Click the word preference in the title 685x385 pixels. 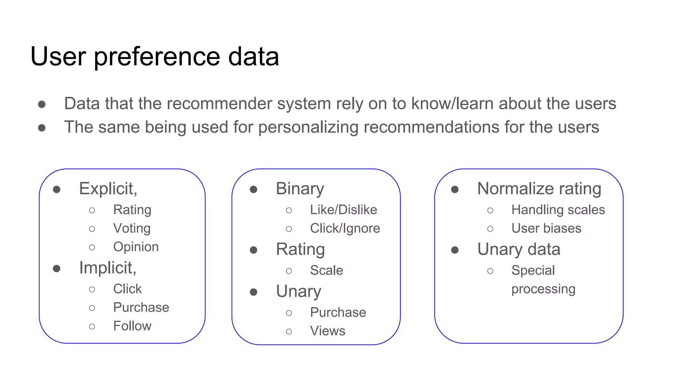click(157, 57)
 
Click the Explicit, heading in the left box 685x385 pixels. click(108, 188)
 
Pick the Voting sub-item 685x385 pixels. click(132, 229)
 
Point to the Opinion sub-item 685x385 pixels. click(136, 247)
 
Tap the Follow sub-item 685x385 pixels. click(132, 326)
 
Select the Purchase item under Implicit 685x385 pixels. click(141, 307)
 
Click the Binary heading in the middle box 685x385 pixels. click(300, 188)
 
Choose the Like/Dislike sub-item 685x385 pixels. click(343, 210)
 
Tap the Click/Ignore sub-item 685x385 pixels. click(345, 229)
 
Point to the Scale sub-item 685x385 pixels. click(326, 270)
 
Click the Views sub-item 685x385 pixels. click(327, 331)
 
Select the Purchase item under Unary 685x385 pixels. click(338, 312)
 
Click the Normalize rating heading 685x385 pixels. click(539, 188)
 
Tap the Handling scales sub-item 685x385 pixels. click(558, 210)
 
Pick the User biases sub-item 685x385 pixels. click(546, 229)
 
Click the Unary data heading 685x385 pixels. click(518, 249)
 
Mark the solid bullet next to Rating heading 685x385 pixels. click(254, 250)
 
